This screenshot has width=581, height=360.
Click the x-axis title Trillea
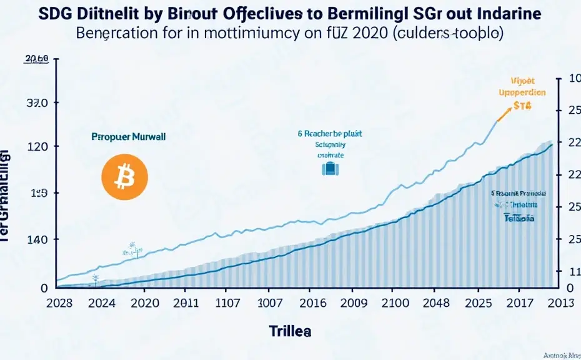click(290, 331)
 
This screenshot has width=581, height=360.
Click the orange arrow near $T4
click(503, 114)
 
